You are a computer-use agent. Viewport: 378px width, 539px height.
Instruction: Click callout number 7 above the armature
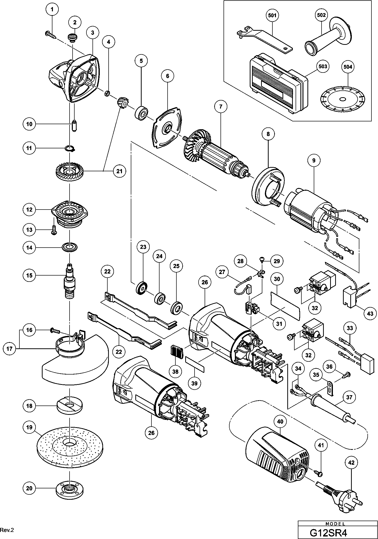click(x=221, y=107)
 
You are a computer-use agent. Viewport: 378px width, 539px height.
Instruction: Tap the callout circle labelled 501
click(x=272, y=15)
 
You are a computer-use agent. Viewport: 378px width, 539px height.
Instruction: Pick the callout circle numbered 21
click(x=119, y=171)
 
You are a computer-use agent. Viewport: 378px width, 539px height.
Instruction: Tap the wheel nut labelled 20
click(x=69, y=489)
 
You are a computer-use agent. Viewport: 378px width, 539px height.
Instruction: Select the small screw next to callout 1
click(x=51, y=35)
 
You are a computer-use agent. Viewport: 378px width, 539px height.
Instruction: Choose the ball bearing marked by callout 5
click(x=142, y=113)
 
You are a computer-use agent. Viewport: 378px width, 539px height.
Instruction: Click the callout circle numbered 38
click(x=175, y=371)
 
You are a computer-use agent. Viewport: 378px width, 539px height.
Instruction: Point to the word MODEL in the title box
click(x=335, y=523)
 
